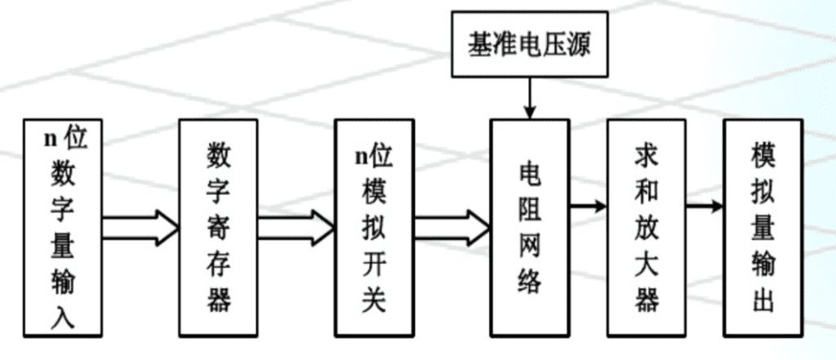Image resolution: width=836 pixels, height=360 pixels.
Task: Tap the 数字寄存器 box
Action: click(x=217, y=228)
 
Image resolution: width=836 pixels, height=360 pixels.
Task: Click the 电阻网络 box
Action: click(x=528, y=228)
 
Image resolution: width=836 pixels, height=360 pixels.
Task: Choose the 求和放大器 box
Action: click(x=646, y=228)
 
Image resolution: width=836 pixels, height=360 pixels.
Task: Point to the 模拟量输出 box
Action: click(x=763, y=228)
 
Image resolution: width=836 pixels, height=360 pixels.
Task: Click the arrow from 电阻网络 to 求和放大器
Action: click(x=588, y=207)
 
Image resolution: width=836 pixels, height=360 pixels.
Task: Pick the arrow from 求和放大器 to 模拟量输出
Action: click(x=704, y=207)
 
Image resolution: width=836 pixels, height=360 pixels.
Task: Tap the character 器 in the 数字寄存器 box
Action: click(x=217, y=299)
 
